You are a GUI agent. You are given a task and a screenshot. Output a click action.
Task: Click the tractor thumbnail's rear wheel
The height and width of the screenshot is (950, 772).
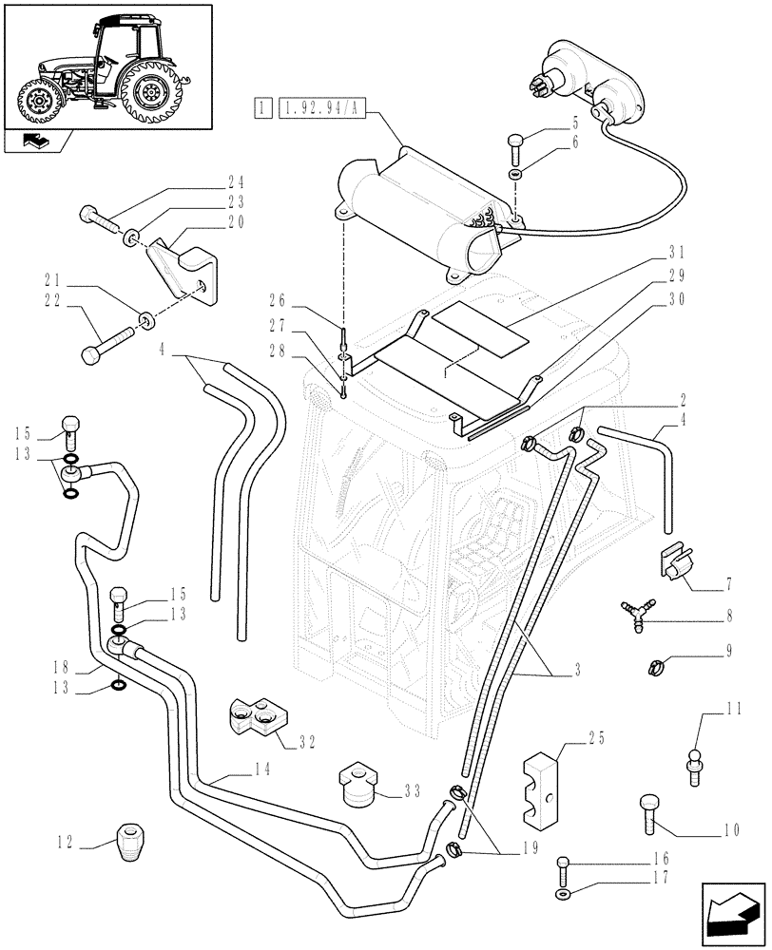pos(151,92)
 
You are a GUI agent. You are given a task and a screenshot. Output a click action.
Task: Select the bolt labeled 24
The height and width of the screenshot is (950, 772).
pos(97,218)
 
